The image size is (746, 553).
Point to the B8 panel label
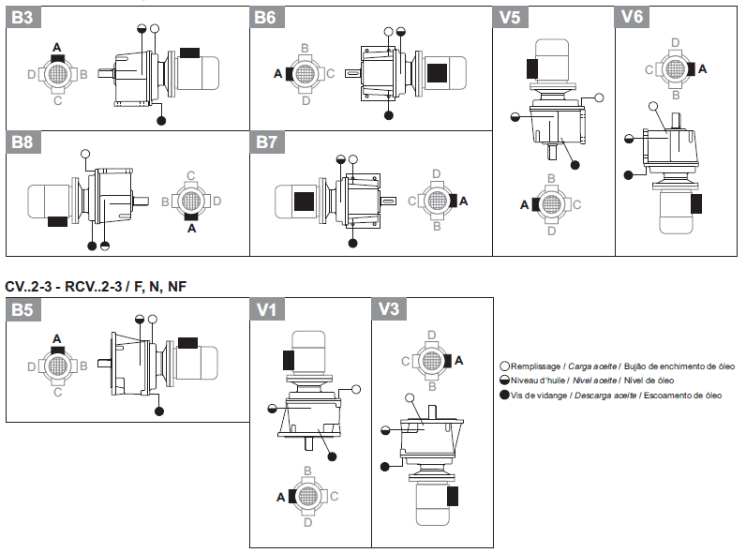(x=22, y=142)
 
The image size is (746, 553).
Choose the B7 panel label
(x=266, y=142)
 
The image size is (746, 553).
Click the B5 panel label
(x=22, y=309)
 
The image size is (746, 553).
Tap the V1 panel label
(x=265, y=309)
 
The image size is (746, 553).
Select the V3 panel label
(x=388, y=309)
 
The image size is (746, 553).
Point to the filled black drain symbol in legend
(x=504, y=396)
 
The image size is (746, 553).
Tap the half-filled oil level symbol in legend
(x=504, y=381)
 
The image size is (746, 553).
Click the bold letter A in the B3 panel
(x=57, y=47)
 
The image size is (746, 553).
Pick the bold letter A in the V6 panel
(x=703, y=69)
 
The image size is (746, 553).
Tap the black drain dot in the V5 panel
(x=574, y=165)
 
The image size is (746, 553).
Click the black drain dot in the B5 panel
(x=160, y=410)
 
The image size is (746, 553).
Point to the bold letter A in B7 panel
(x=462, y=201)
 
